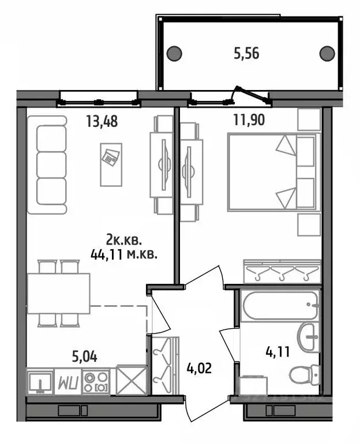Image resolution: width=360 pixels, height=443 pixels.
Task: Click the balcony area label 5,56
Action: [246, 54]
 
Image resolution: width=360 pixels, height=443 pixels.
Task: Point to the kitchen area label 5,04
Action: [84, 355]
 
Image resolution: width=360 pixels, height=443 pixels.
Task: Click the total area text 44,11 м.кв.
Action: [125, 252]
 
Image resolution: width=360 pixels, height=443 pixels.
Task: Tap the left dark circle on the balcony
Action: [174, 54]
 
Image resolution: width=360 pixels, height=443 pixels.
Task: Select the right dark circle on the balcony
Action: [327, 54]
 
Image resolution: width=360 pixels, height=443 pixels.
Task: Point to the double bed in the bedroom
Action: [273, 171]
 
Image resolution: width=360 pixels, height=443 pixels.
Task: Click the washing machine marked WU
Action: [67, 382]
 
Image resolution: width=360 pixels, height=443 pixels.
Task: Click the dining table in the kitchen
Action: [59, 293]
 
